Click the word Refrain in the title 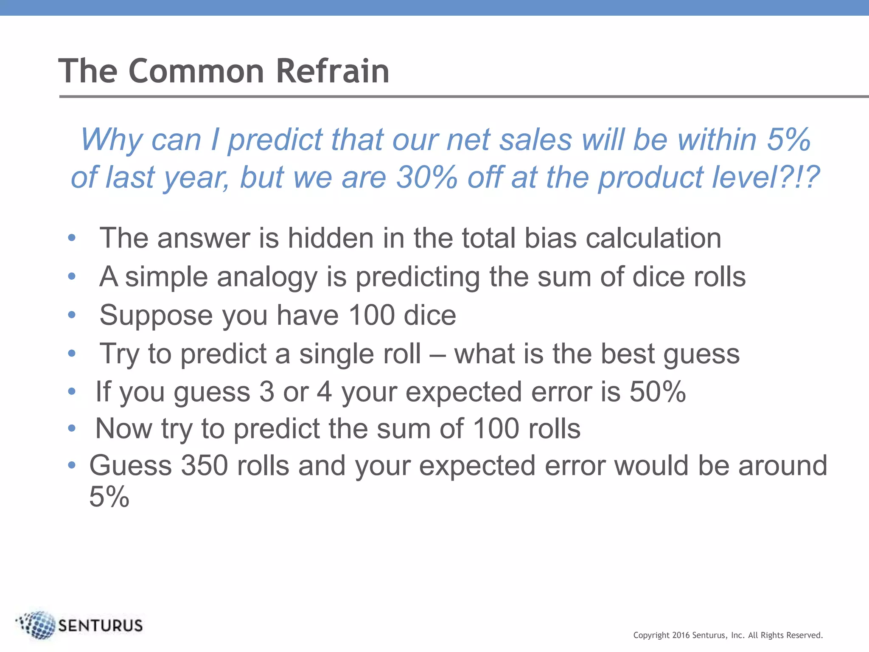coord(332,71)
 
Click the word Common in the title coord(196,71)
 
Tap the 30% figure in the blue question coord(426,177)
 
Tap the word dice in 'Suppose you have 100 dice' coord(429,315)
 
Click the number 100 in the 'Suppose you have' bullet coord(372,315)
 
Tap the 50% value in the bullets coord(657,391)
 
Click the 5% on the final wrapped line coord(109,496)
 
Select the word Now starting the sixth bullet coord(123,428)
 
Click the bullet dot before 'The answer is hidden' coord(72,238)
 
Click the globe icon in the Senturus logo coord(37,625)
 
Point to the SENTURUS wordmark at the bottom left coord(100,626)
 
